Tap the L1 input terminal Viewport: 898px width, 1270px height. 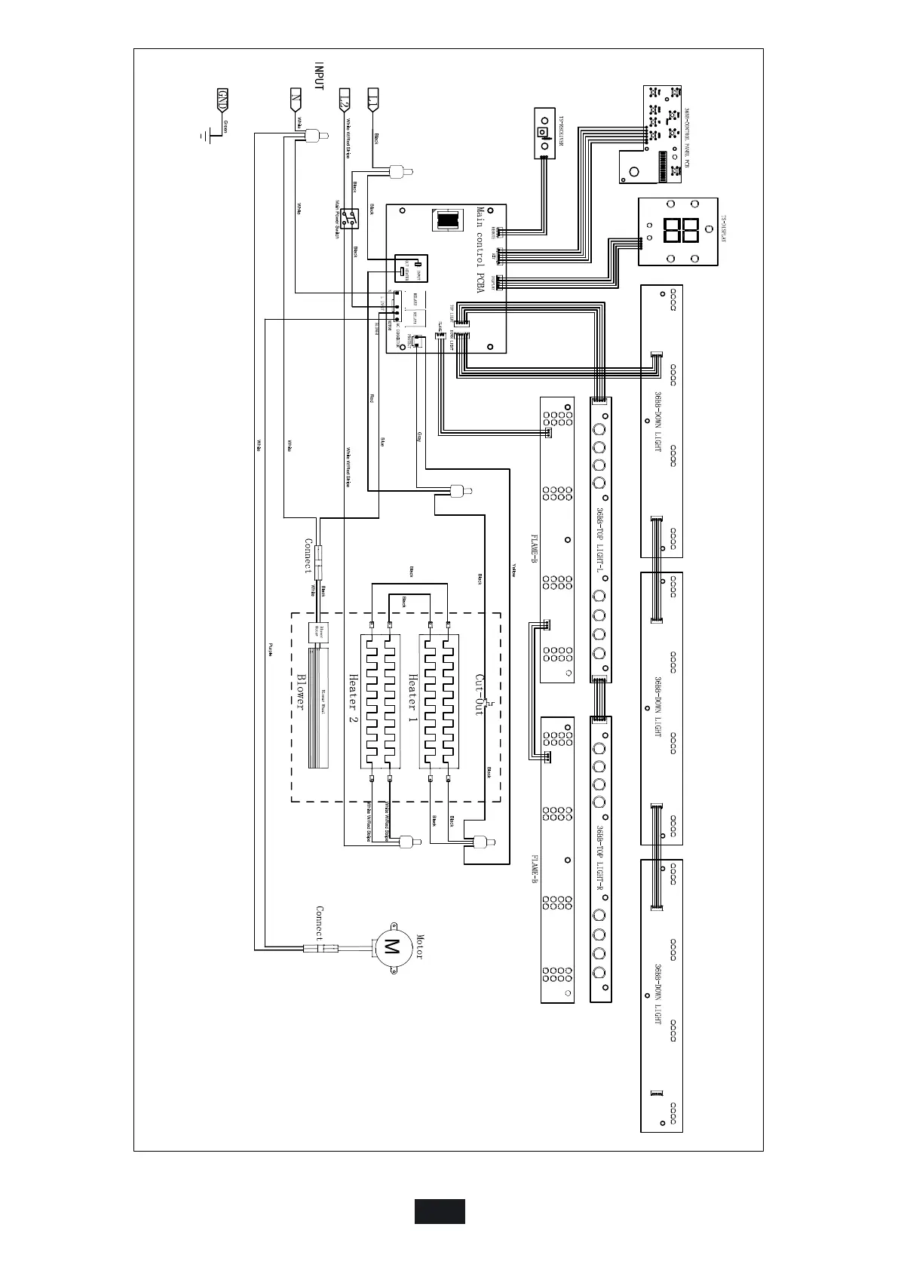[372, 99]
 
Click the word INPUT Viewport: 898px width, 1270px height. [319, 76]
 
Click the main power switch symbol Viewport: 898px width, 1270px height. [348, 219]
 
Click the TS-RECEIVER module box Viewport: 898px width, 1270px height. [544, 133]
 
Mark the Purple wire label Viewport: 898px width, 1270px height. [270, 648]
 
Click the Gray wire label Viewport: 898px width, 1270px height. [418, 437]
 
